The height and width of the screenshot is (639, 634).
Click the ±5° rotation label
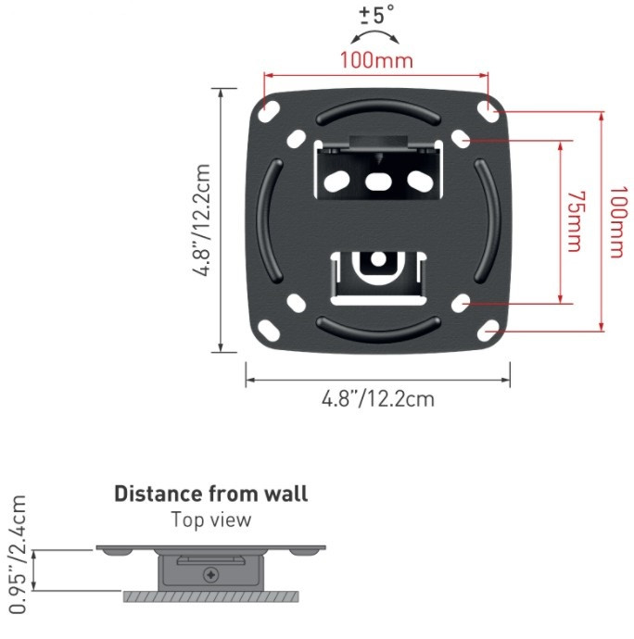(x=376, y=14)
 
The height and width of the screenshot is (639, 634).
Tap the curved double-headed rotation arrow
(x=375, y=36)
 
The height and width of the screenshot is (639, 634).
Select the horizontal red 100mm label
(x=376, y=60)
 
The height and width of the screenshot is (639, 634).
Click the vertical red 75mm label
(x=576, y=221)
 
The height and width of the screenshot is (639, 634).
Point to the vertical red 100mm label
(x=617, y=222)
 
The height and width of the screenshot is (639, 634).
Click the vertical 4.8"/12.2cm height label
(x=201, y=220)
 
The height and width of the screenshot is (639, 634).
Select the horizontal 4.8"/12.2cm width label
(x=378, y=398)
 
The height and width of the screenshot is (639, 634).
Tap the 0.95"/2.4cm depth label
(x=18, y=554)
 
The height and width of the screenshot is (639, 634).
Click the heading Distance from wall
(x=211, y=494)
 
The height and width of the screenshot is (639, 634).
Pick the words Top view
(x=211, y=520)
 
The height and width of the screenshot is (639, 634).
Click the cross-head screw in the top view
(x=211, y=575)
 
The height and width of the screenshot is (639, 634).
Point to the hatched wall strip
(x=211, y=597)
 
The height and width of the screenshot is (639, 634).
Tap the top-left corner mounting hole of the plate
(x=269, y=112)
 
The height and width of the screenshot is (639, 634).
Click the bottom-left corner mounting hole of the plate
(x=269, y=331)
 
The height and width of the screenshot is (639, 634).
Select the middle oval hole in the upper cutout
(x=378, y=182)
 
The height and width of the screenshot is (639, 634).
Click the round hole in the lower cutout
(x=378, y=259)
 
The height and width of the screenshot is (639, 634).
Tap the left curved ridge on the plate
(x=270, y=221)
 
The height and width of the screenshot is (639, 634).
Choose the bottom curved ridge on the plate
(x=378, y=329)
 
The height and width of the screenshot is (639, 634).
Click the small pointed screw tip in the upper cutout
(x=378, y=159)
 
